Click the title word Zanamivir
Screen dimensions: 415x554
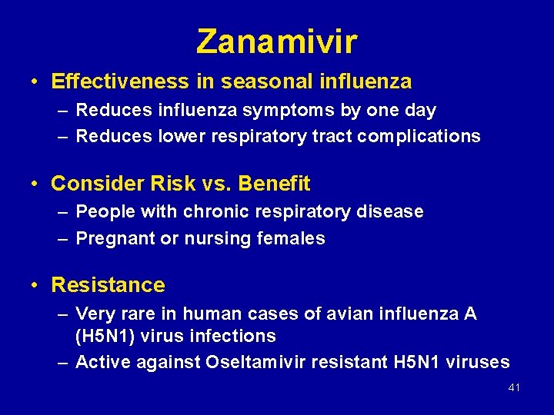point(277,41)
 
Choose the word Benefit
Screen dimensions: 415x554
point(275,184)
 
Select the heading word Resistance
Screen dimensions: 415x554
point(108,285)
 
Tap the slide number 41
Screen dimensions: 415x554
point(514,388)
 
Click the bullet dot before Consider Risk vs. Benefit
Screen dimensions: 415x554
point(35,184)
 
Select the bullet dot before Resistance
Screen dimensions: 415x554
point(35,286)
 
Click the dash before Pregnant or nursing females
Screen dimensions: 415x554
point(62,239)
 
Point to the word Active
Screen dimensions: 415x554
point(103,362)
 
